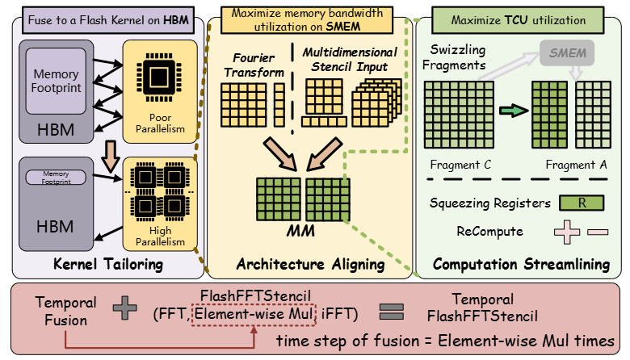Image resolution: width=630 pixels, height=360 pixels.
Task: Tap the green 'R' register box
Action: [581, 203]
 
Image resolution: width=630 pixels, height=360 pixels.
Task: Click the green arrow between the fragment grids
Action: [513, 111]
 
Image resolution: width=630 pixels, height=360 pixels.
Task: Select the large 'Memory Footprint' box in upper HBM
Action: [56, 80]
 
